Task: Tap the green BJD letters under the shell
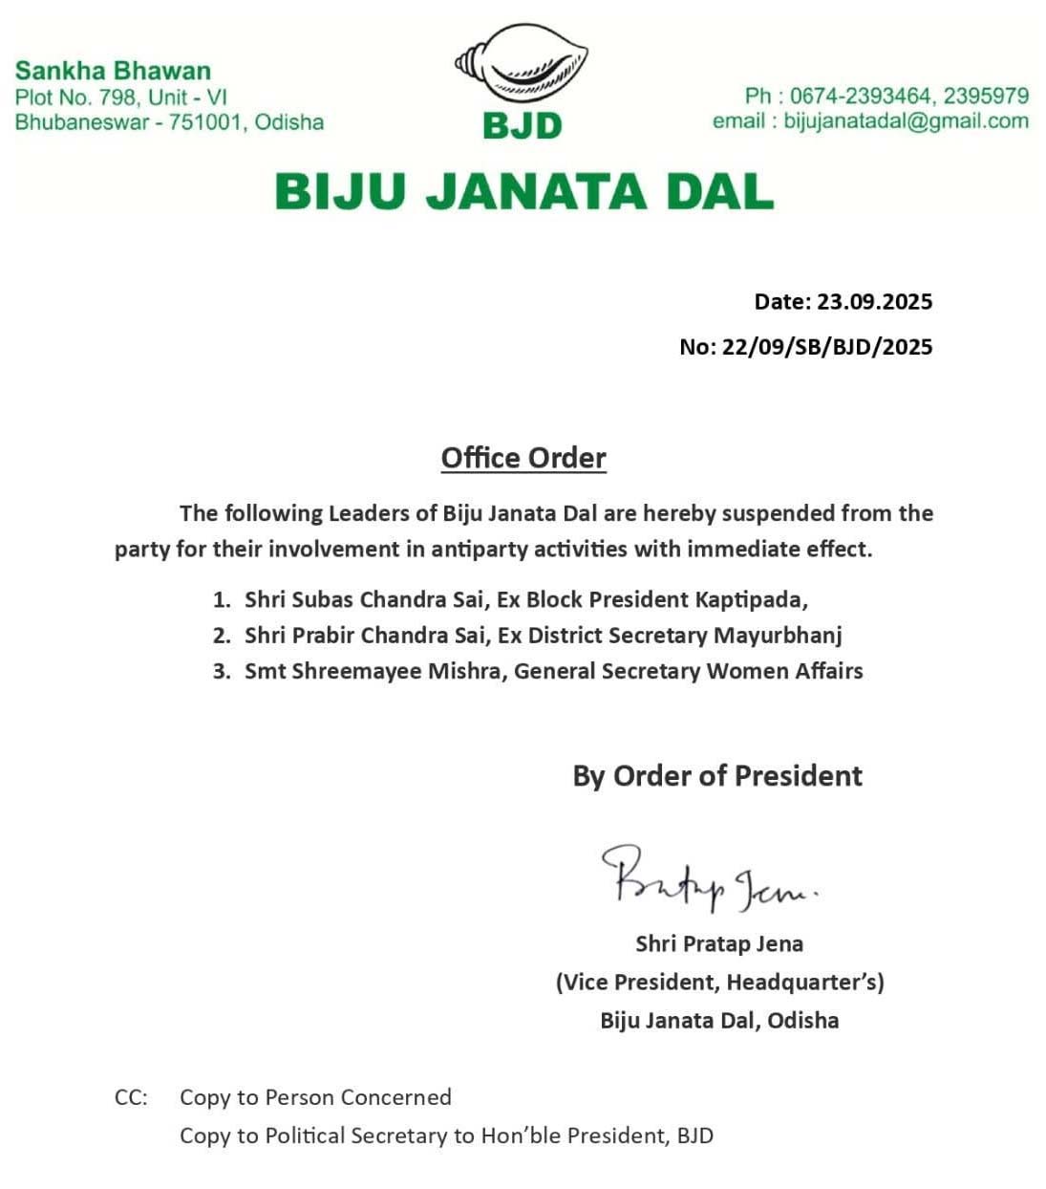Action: click(x=523, y=125)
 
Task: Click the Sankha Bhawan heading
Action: click(x=113, y=70)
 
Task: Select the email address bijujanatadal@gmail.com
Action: click(x=906, y=121)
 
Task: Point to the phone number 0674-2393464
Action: click(x=860, y=96)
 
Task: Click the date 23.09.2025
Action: click(x=874, y=302)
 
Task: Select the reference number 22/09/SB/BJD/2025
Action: click(x=827, y=346)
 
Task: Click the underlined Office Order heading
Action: click(x=523, y=458)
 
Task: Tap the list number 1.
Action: click(x=221, y=600)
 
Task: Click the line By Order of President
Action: click(x=717, y=775)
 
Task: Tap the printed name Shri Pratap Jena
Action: click(x=719, y=943)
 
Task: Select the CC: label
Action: click(x=131, y=1097)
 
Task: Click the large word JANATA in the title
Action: click(x=523, y=191)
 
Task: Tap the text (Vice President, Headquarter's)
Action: click(x=719, y=982)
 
